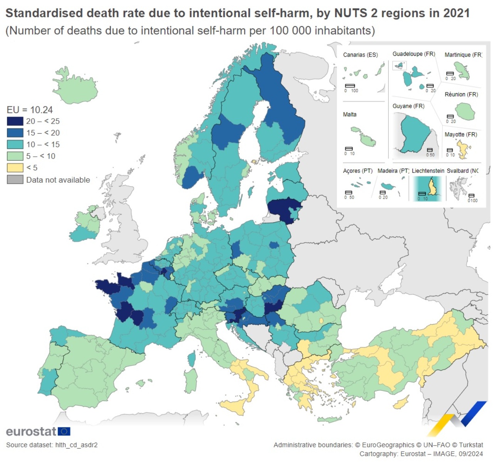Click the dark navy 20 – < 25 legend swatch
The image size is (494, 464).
tap(15, 121)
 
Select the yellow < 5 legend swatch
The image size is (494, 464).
tap(15, 168)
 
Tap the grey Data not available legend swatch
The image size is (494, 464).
tap(15, 180)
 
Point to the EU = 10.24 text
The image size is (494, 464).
tap(30, 110)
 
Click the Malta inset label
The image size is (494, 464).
tap(350, 114)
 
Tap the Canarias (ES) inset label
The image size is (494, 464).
tap(360, 55)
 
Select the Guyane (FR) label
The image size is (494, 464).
tap(408, 106)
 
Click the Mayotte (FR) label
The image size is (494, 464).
tap(461, 134)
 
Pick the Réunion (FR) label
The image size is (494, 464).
tap(461, 94)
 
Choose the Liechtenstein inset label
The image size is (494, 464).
tap(428, 171)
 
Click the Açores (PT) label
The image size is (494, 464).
tap(358, 171)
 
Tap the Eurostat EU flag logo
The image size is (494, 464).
tap(64, 431)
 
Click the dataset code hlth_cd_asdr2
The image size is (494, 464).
tap(76, 445)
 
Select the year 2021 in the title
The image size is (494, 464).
tap(456, 13)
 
